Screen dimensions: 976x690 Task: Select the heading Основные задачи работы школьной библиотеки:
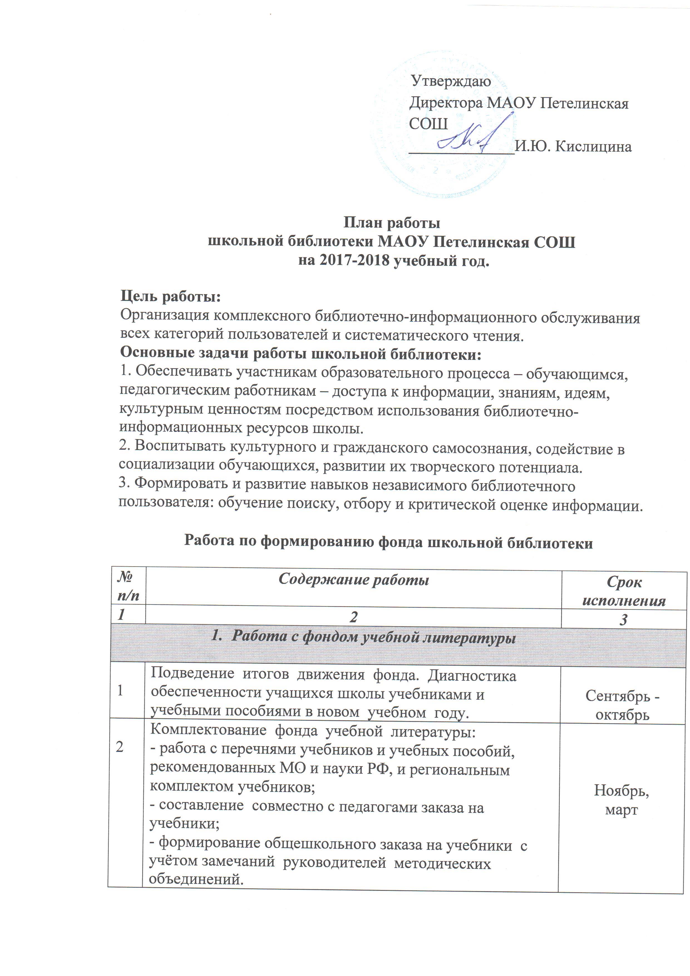(301, 353)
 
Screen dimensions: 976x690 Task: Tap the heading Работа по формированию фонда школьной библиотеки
(388, 542)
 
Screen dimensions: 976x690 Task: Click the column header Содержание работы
(354, 581)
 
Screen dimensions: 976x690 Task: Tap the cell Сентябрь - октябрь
(622, 705)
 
